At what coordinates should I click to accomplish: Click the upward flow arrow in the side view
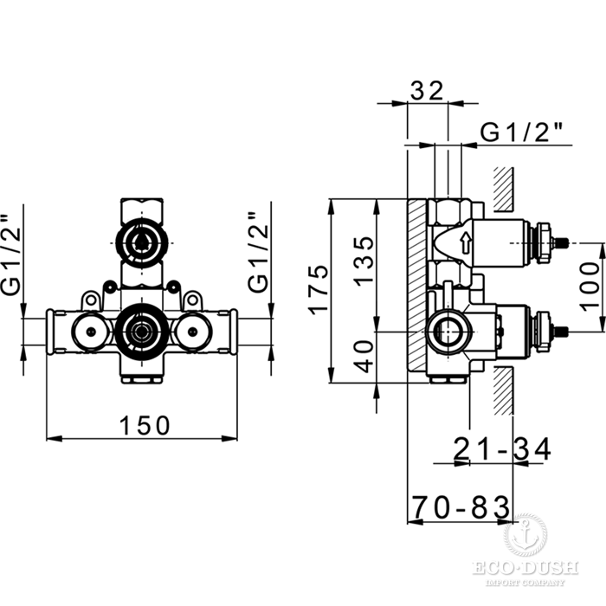(x=465, y=242)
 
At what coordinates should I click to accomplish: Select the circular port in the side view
(x=448, y=330)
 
